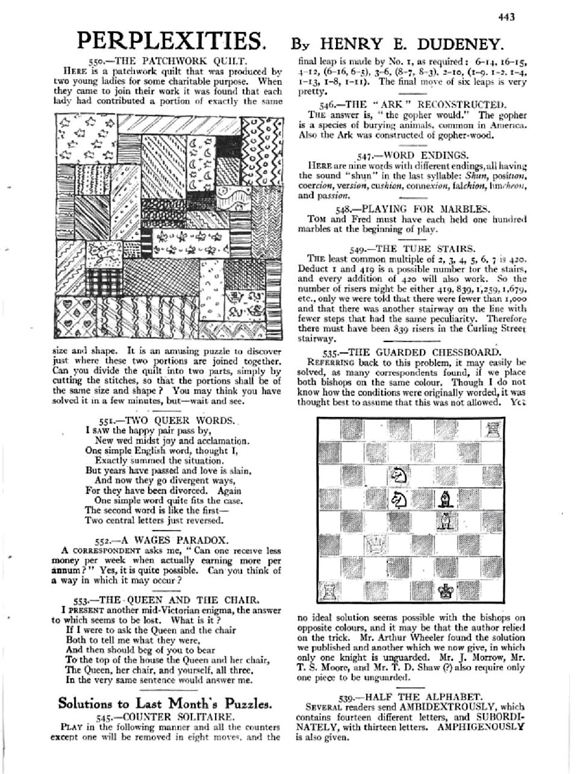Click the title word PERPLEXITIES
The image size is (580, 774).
pyautogui.click(x=170, y=41)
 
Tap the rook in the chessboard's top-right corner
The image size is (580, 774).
pyautogui.click(x=490, y=430)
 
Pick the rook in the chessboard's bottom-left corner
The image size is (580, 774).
pyautogui.click(x=328, y=593)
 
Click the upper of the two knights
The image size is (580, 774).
pyautogui.click(x=398, y=475)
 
